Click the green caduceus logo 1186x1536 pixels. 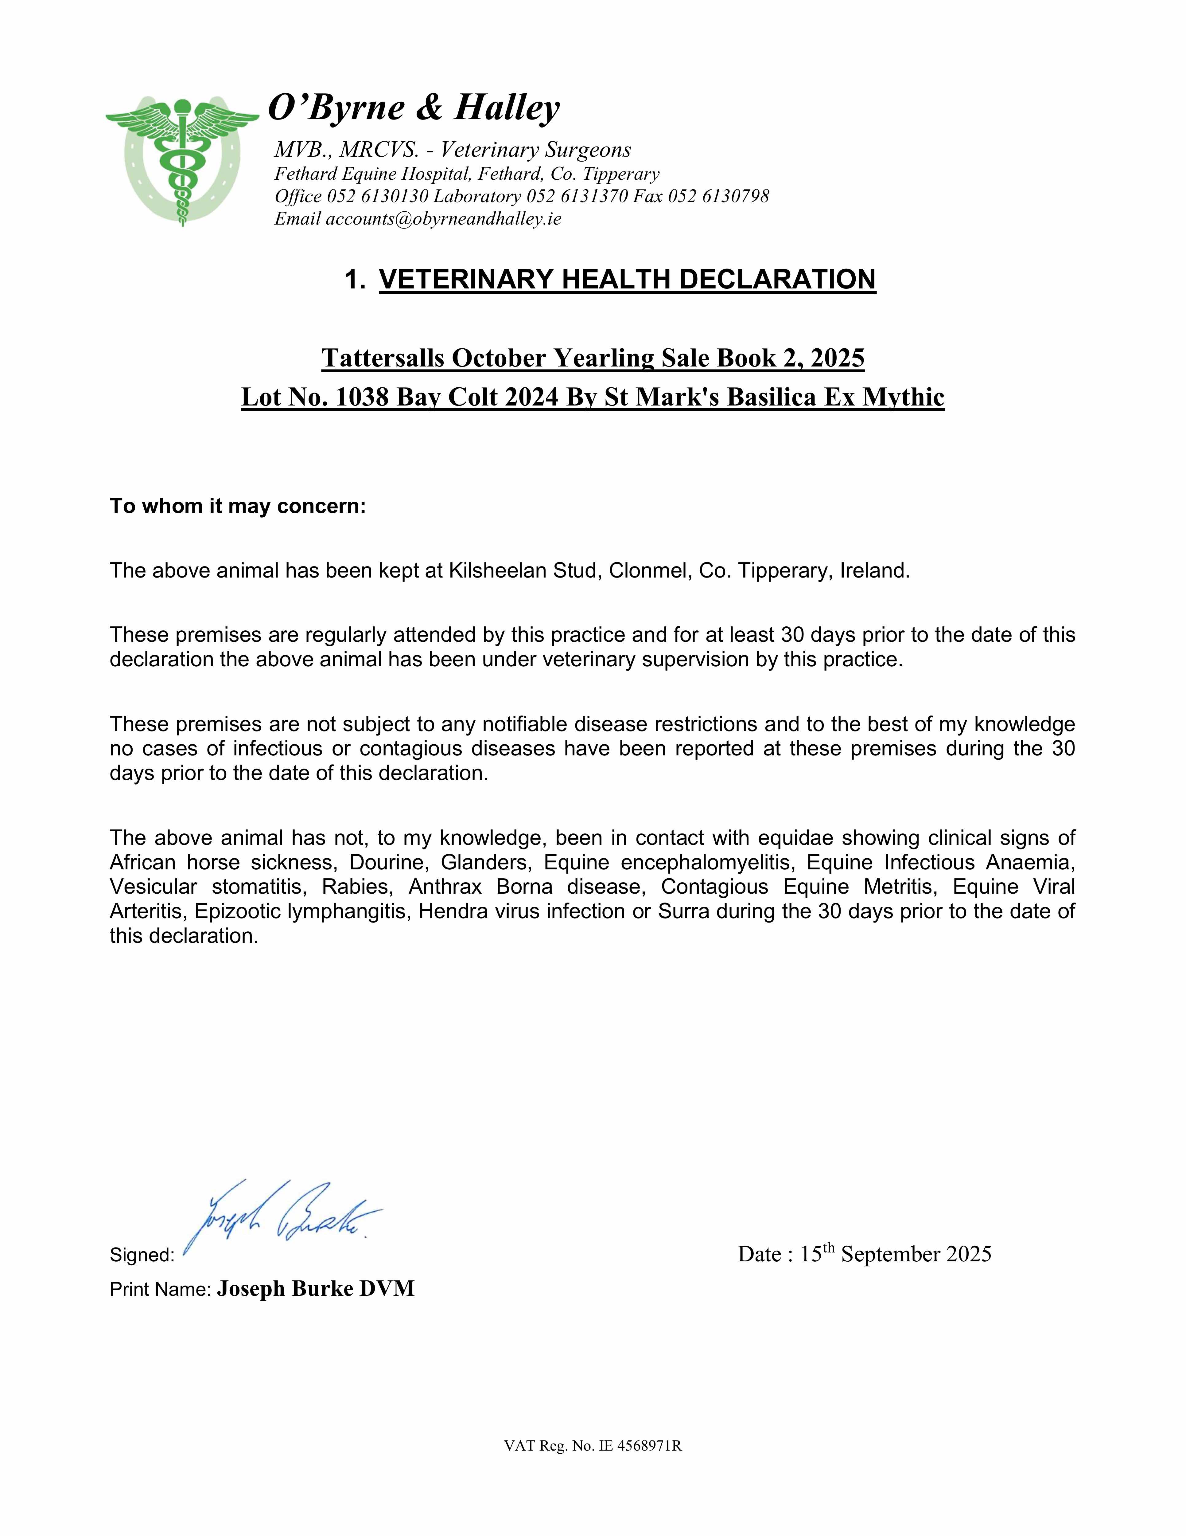pos(182,160)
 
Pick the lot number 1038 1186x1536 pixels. pos(362,397)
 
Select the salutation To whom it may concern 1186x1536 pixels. pos(238,506)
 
